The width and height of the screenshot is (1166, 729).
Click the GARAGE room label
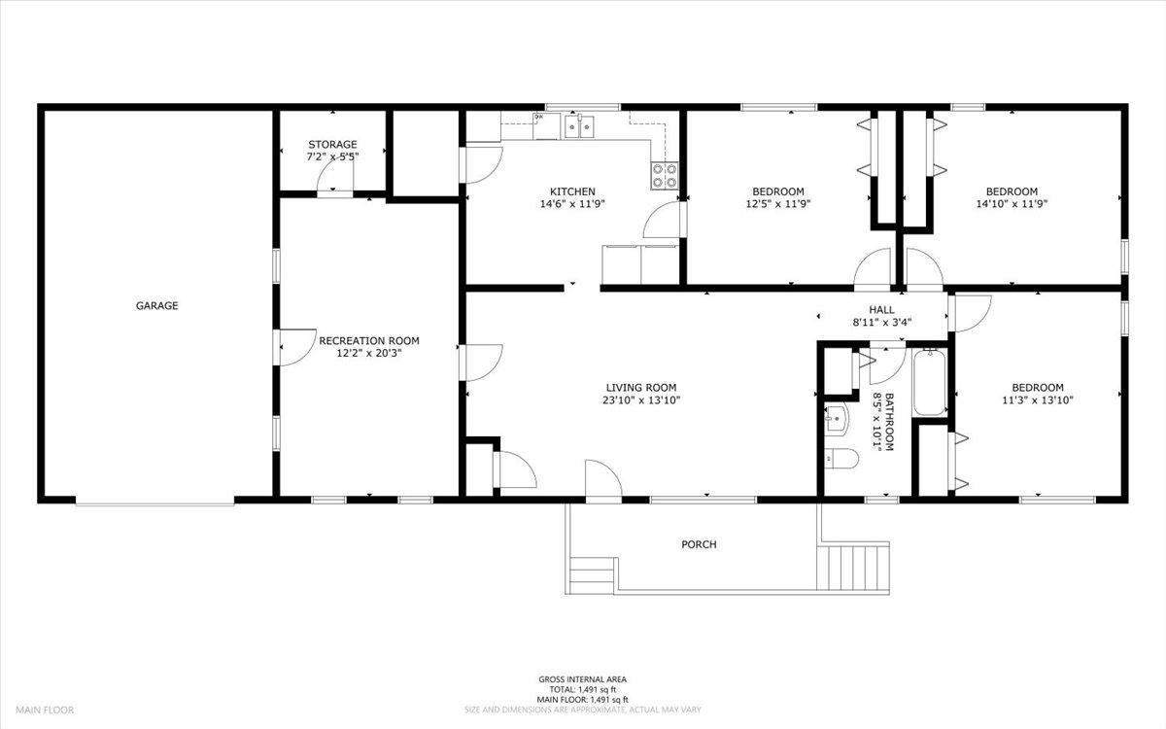tap(156, 305)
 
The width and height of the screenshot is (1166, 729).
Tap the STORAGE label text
tap(332, 145)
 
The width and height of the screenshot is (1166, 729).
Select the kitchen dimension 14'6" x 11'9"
tap(572, 205)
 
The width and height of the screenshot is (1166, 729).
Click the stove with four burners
tap(665, 175)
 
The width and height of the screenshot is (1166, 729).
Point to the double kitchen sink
tap(580, 126)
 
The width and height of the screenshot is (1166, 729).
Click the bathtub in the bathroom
tap(930, 385)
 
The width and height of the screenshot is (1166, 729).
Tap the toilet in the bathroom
tap(839, 460)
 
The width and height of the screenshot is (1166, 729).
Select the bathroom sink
tap(836, 421)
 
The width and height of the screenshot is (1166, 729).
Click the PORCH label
tap(699, 544)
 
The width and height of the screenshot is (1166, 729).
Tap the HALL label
tap(881, 309)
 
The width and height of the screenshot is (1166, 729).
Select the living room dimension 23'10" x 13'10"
tap(641, 399)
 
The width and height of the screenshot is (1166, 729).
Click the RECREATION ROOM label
tap(369, 341)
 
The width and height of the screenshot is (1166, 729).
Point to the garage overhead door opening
tap(155, 502)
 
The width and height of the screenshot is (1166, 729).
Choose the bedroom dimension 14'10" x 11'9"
tap(1012, 205)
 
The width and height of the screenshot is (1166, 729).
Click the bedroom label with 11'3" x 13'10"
tap(1037, 387)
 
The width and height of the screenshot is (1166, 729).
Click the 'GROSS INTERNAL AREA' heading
tap(583, 679)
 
